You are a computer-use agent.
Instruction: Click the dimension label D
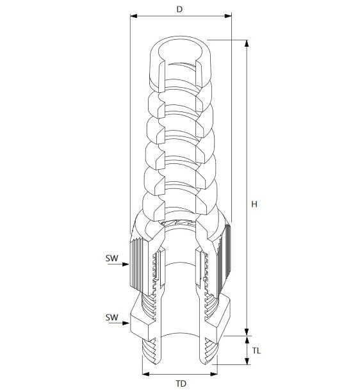click(179, 9)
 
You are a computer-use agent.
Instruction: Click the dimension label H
click(254, 204)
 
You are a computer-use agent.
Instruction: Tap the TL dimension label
click(256, 351)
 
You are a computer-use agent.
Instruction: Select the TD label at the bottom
click(181, 384)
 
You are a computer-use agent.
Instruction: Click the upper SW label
click(111, 258)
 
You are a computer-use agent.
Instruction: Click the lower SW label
click(111, 318)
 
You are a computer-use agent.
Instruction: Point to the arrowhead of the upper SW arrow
click(126, 264)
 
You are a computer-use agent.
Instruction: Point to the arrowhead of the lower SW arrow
click(126, 323)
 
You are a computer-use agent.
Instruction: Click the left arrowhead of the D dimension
click(134, 16)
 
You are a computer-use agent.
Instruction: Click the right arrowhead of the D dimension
click(228, 16)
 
